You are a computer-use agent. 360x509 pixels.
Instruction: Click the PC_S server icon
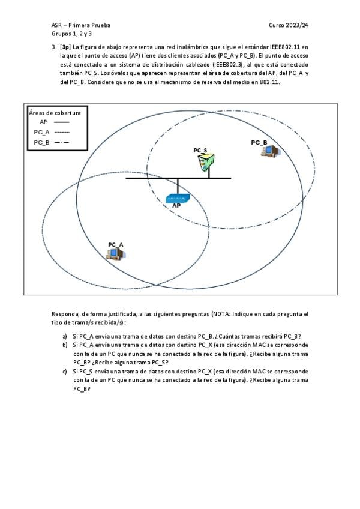[x=207, y=163]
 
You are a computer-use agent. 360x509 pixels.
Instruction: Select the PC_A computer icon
[x=115, y=254]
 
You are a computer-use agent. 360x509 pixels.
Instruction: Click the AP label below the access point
[x=176, y=206]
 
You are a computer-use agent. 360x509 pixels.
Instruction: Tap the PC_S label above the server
[x=200, y=150]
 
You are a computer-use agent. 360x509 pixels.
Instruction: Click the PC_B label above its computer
[x=259, y=142]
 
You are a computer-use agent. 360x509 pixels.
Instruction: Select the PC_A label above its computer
[x=116, y=244]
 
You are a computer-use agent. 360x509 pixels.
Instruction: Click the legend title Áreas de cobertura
[x=55, y=112]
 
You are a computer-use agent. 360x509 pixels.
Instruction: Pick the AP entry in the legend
[x=43, y=122]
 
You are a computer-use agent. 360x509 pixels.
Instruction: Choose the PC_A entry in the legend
[x=41, y=132]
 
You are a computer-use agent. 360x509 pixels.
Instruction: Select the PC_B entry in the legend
[x=41, y=142]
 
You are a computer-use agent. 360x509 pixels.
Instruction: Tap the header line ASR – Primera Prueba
[x=80, y=26]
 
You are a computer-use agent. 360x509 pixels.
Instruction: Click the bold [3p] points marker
[x=65, y=47]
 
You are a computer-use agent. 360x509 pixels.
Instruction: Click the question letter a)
[x=65, y=336]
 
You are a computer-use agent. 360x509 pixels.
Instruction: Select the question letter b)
[x=65, y=345]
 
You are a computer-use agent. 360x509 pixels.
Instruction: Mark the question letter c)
[x=65, y=372]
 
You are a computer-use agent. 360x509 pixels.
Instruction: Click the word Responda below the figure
[x=64, y=314]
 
